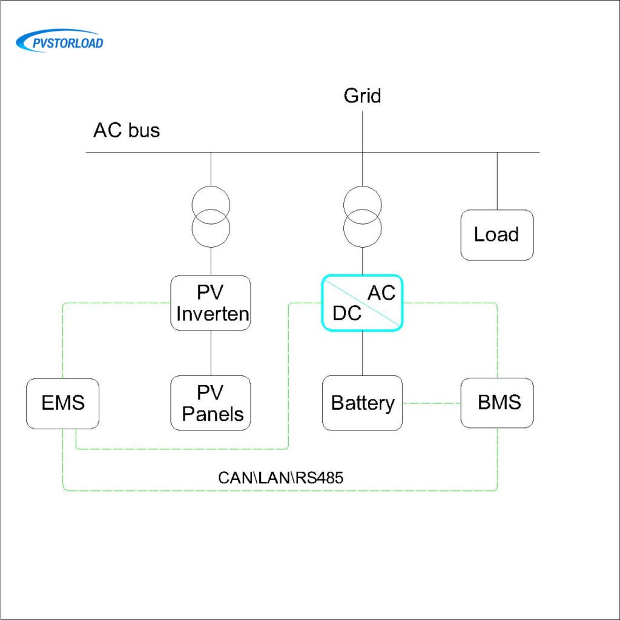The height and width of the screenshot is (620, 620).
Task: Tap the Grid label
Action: (x=362, y=96)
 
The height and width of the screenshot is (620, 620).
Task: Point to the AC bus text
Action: (x=127, y=130)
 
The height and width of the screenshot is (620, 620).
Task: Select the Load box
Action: (x=496, y=235)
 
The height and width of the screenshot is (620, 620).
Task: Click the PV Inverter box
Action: (x=211, y=303)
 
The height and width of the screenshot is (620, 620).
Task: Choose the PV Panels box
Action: (x=211, y=403)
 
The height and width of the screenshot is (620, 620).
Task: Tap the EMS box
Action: (x=62, y=403)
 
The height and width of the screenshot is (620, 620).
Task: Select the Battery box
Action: (x=362, y=403)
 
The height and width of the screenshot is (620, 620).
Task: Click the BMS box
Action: (x=498, y=403)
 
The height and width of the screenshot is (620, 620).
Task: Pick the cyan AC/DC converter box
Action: (x=362, y=303)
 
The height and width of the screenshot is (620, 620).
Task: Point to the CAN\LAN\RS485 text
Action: (x=281, y=477)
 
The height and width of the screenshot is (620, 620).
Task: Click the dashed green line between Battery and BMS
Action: (x=432, y=403)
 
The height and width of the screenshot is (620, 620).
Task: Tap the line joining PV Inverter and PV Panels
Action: (x=211, y=353)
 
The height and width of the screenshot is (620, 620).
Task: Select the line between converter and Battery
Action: (x=362, y=353)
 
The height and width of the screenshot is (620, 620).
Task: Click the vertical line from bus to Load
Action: (x=497, y=181)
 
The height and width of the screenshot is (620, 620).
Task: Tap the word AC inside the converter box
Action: (x=381, y=292)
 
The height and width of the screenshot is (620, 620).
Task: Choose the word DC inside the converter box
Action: (x=347, y=313)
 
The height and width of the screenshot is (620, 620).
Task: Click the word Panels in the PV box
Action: (x=213, y=414)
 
